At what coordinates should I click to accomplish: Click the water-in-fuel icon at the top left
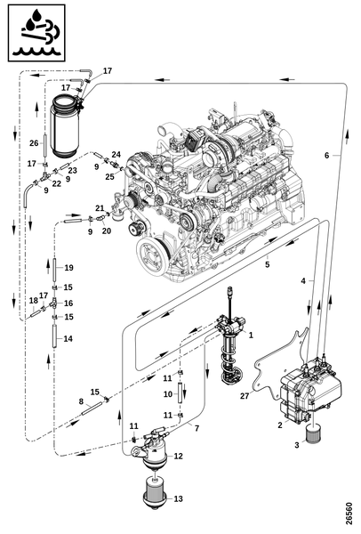point(36,33)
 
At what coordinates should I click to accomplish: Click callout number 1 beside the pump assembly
point(251,336)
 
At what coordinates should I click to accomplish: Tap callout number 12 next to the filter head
point(179,456)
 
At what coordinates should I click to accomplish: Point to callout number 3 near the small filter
point(297,445)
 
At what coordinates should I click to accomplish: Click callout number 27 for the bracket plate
point(245,396)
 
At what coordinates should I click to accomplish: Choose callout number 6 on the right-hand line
point(326,155)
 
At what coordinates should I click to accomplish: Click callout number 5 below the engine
point(268,264)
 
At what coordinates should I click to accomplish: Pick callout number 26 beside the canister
point(34,143)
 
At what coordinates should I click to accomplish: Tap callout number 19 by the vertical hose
point(68,268)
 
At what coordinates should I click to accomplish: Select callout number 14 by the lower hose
point(68,338)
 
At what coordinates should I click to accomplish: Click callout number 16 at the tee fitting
point(68,303)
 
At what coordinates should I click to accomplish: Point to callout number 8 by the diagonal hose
point(81,401)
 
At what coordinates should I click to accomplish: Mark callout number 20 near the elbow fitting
point(107,231)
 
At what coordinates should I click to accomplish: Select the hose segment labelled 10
point(179,393)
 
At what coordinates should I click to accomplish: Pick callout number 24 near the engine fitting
point(116,154)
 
